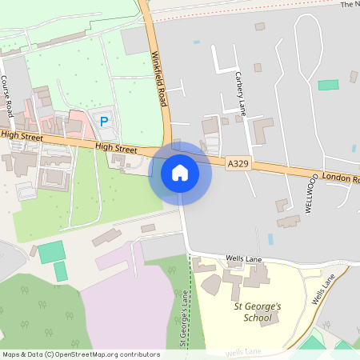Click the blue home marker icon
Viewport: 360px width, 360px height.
(180, 173)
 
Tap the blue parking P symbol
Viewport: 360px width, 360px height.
(103, 121)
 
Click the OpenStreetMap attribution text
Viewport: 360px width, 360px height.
(81, 354)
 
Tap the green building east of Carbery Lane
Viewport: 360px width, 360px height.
(328, 85)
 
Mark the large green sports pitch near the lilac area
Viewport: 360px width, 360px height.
(51, 252)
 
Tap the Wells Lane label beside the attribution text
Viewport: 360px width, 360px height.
(244, 351)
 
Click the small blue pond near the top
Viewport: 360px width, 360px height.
(197, 42)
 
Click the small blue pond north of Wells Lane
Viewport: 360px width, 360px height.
(270, 238)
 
